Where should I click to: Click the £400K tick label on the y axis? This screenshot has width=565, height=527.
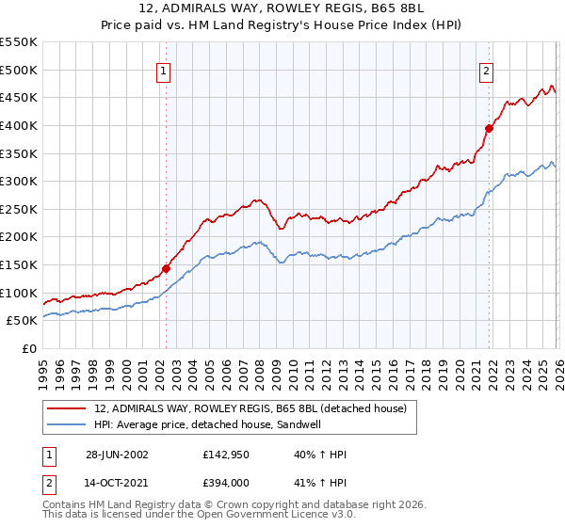click(x=19, y=125)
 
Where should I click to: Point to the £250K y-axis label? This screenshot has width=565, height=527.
click(x=19, y=209)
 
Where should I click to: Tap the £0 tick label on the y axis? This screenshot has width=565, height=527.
click(x=29, y=348)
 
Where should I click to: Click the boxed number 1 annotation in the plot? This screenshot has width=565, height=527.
click(x=164, y=71)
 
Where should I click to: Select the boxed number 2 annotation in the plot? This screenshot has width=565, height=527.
click(x=487, y=71)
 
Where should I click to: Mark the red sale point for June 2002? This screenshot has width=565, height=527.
click(x=167, y=268)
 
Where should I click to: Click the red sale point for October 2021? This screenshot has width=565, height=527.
click(x=489, y=129)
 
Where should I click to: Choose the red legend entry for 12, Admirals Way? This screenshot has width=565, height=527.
click(x=250, y=408)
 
